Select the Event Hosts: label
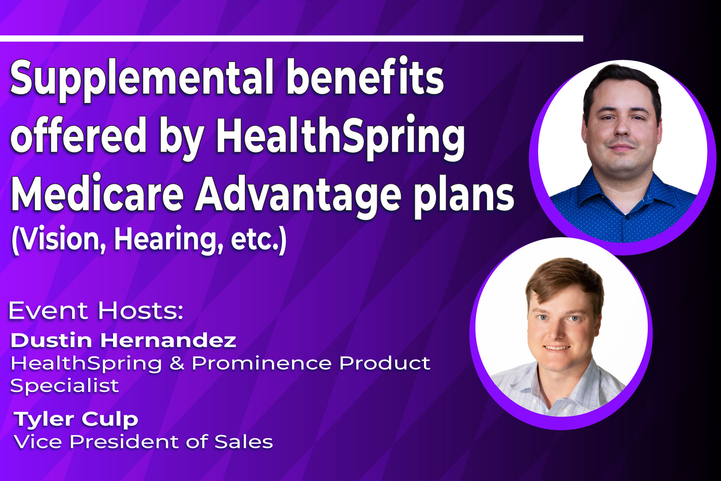[96, 310]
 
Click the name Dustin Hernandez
[123, 340]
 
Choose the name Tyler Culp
[76, 419]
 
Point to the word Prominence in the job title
[261, 363]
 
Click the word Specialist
[65, 386]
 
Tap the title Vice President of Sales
[143, 442]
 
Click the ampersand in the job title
[177, 363]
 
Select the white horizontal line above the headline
[291, 38]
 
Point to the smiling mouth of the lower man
[557, 348]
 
